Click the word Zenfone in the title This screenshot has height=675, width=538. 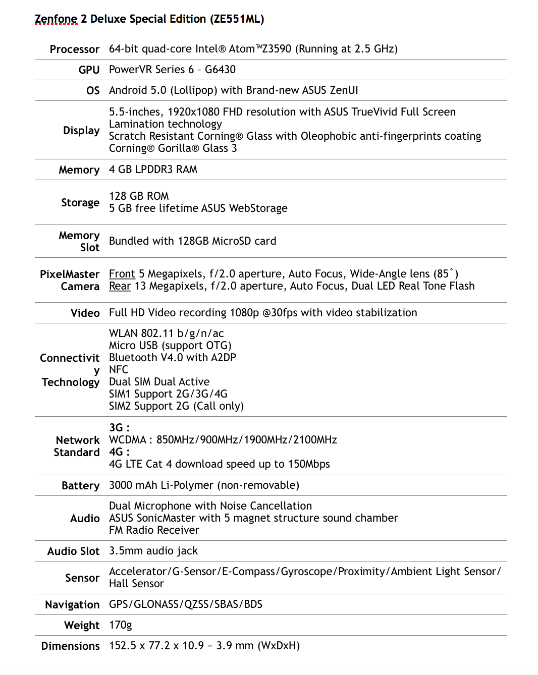(56, 19)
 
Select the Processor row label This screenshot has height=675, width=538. (74, 49)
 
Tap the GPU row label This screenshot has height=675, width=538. (89, 70)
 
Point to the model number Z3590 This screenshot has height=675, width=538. (277, 49)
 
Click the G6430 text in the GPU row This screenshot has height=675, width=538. (220, 70)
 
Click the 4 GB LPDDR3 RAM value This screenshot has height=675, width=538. (153, 170)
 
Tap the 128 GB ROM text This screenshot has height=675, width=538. (139, 196)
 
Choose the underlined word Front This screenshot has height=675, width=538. (122, 274)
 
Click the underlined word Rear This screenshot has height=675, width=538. (120, 286)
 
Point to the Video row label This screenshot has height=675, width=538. (85, 313)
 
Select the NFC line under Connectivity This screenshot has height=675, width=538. (119, 370)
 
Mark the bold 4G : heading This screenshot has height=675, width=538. (119, 452)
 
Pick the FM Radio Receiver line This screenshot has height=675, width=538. (154, 530)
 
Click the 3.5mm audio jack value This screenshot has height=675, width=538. (153, 551)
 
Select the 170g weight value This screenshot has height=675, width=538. (120, 625)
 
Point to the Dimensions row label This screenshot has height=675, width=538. (70, 646)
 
